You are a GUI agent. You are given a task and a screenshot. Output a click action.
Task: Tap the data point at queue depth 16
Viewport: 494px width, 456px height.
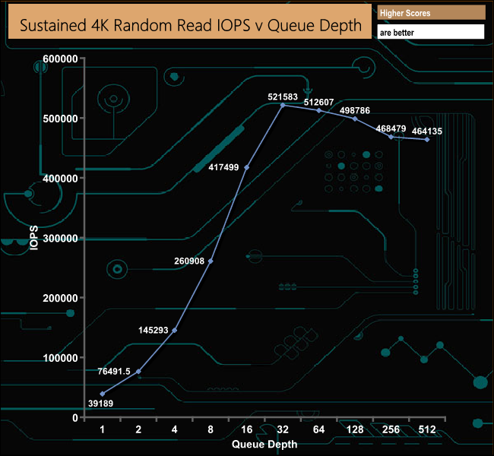246,167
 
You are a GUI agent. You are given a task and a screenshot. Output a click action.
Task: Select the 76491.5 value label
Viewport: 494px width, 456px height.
113,372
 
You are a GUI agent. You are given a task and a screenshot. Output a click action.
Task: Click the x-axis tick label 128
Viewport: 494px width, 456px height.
355,430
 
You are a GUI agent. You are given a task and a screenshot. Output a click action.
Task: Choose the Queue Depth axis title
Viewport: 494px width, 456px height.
264,444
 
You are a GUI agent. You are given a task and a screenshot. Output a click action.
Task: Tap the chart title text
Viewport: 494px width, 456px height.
190,25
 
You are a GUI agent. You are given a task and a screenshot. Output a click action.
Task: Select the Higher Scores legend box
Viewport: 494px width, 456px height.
430,13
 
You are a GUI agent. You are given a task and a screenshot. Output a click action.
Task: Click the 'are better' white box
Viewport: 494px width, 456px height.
430,33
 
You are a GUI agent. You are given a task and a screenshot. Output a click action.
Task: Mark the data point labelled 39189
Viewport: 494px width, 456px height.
102,394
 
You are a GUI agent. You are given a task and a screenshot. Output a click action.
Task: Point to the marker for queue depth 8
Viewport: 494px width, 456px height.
211,261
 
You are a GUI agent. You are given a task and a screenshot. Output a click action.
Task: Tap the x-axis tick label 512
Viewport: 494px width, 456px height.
427,430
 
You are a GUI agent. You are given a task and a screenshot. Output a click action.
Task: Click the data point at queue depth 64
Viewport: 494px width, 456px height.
319,111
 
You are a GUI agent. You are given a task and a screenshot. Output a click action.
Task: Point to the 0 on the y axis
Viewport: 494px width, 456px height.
74,418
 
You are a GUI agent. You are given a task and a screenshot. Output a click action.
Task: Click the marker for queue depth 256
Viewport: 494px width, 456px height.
391,137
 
